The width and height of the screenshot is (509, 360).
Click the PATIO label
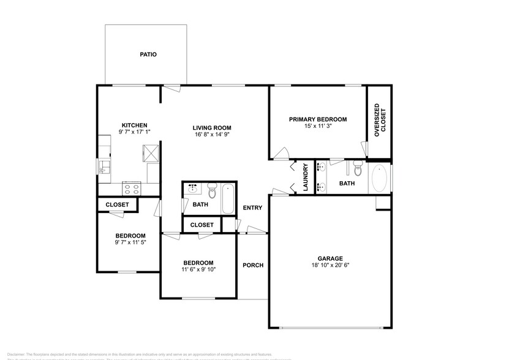click(148, 54)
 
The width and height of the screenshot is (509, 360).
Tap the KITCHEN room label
click(134, 125)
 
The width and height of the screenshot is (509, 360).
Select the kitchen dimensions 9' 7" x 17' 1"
click(134, 132)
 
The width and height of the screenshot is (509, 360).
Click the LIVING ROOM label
click(212, 128)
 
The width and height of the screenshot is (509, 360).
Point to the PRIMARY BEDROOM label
click(318, 119)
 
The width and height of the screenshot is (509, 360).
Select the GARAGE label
click(330, 258)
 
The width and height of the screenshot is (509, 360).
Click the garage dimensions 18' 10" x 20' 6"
click(330, 265)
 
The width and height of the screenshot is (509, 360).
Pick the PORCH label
click(253, 265)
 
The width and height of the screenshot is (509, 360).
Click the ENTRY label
click(252, 208)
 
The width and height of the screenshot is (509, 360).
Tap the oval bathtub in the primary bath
click(379, 178)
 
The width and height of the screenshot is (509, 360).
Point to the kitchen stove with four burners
click(132, 187)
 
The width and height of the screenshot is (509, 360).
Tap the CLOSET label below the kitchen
click(117, 204)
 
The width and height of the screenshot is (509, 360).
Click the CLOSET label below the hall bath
click(202, 225)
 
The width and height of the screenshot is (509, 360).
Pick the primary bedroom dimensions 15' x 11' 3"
click(318, 127)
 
